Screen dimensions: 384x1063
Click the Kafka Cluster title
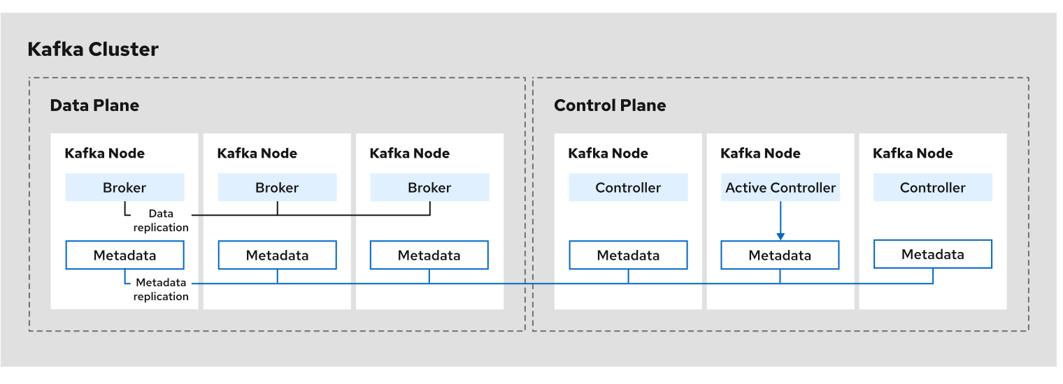[93, 50]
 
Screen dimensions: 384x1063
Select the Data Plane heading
[94, 105]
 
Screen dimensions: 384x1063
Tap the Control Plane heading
[610, 105]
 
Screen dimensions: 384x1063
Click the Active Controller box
[780, 188]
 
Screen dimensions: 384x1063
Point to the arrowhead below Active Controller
[780, 236]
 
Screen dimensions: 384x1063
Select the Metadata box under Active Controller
[780, 256]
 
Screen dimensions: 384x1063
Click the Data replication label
[161, 221]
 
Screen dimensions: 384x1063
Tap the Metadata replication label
[162, 290]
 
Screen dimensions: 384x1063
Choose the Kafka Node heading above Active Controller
[760, 153]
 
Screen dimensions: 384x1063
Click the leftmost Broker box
[124, 188]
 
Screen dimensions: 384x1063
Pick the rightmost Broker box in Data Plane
[429, 188]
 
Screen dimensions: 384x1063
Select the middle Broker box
[277, 188]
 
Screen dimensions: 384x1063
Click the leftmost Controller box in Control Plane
[628, 188]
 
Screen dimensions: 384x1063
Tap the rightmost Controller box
[932, 188]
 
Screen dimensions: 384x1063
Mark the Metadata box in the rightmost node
[932, 254]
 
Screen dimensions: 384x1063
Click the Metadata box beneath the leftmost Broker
[124, 256]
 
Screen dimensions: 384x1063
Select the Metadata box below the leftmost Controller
[628, 256]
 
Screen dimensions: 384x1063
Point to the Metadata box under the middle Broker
[277, 256]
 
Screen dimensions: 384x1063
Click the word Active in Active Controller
[745, 188]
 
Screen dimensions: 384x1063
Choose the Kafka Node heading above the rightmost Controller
[913, 153]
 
